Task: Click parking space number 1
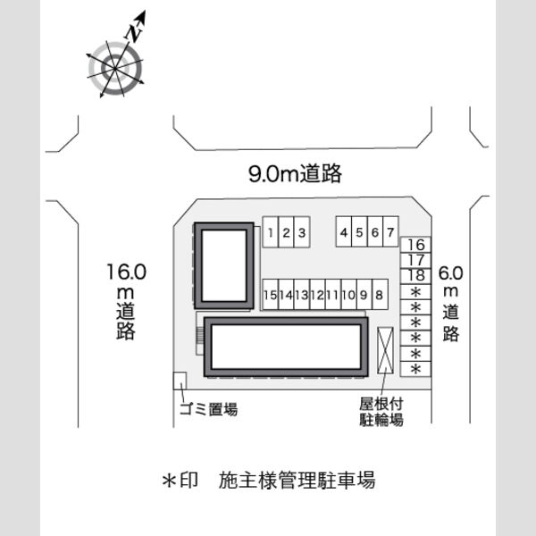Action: coord(271,231)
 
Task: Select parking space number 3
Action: coord(302,231)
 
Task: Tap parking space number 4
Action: coord(344,231)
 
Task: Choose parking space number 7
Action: coord(390,231)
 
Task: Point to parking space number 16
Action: coord(415,245)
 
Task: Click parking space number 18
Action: coord(415,276)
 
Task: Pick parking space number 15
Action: coord(271,294)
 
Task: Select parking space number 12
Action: coord(317,294)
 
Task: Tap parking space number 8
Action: coord(380,294)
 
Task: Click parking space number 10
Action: coord(348,294)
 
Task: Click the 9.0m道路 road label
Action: coord(295,173)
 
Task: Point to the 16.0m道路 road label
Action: coord(126,302)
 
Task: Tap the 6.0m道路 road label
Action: coord(451,304)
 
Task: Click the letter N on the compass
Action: coord(134,32)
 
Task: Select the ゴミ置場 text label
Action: coord(208,409)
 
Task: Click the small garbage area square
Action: coord(180,381)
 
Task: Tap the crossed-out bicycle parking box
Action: coord(385,350)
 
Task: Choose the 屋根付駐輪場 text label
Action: coord(381,412)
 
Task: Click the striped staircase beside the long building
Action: coord(200,337)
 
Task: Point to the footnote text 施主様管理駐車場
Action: coord(297,480)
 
